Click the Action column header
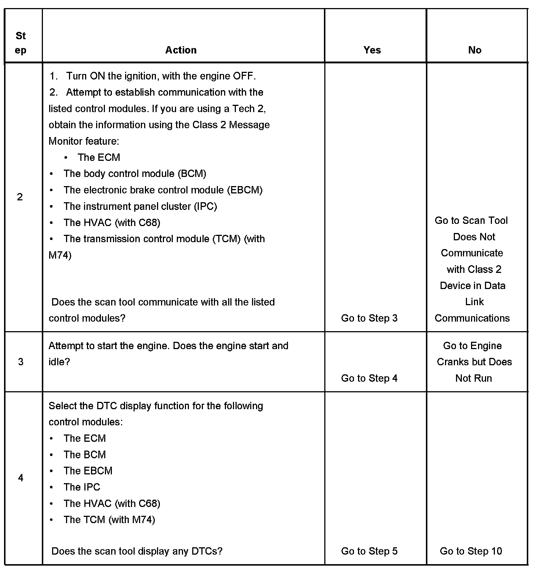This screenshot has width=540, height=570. tap(181, 50)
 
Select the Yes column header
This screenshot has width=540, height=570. tap(372, 50)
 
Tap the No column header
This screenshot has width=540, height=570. tap(475, 50)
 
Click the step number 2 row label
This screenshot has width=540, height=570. tap(20, 197)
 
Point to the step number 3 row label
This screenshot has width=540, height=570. tap(21, 362)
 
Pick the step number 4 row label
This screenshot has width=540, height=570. tap(21, 478)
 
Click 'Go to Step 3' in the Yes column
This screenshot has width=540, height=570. tap(369, 318)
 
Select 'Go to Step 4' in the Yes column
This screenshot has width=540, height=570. tap(369, 378)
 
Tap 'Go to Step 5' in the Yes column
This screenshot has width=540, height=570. tap(369, 551)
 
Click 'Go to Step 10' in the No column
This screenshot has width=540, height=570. tap(471, 551)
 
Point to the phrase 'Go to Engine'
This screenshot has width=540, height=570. tap(472, 345)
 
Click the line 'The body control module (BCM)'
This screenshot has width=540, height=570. tap(135, 174)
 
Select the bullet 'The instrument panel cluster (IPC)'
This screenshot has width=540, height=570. tap(140, 206)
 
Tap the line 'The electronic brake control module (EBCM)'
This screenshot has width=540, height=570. tap(163, 190)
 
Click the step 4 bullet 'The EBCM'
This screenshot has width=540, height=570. tap(88, 471)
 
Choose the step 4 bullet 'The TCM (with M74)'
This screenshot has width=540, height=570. tap(109, 519)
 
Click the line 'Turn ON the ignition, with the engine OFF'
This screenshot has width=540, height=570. tap(161, 76)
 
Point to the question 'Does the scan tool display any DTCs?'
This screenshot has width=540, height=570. tap(137, 551)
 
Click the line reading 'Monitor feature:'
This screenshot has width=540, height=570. tap(84, 141)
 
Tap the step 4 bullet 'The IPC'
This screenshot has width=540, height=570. tap(81, 487)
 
